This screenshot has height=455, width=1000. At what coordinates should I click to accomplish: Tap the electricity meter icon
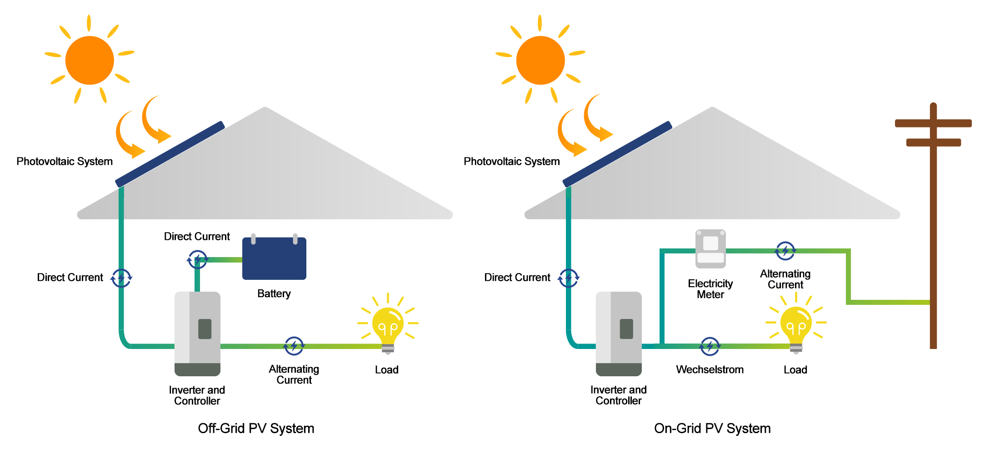(710, 249)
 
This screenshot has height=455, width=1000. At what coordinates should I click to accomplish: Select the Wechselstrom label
(710, 369)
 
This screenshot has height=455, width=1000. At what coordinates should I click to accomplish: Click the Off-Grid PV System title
(256, 428)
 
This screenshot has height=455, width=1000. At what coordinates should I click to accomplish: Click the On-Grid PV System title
(712, 428)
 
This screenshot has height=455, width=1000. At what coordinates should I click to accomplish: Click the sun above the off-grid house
(90, 60)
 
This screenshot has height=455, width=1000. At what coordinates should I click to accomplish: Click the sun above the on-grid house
(540, 60)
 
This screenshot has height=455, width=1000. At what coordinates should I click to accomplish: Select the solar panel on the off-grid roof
(170, 154)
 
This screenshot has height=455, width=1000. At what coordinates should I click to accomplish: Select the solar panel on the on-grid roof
(617, 154)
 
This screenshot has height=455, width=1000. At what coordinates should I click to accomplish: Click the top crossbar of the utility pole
(933, 123)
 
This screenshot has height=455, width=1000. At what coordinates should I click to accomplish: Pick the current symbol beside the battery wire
(198, 260)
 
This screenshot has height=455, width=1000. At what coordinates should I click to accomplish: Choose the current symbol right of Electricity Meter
(785, 251)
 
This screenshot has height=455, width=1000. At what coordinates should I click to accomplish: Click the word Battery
(274, 293)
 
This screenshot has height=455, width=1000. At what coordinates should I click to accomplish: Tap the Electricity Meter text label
(710, 289)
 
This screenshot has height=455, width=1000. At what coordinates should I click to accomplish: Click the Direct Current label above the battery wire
(197, 237)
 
